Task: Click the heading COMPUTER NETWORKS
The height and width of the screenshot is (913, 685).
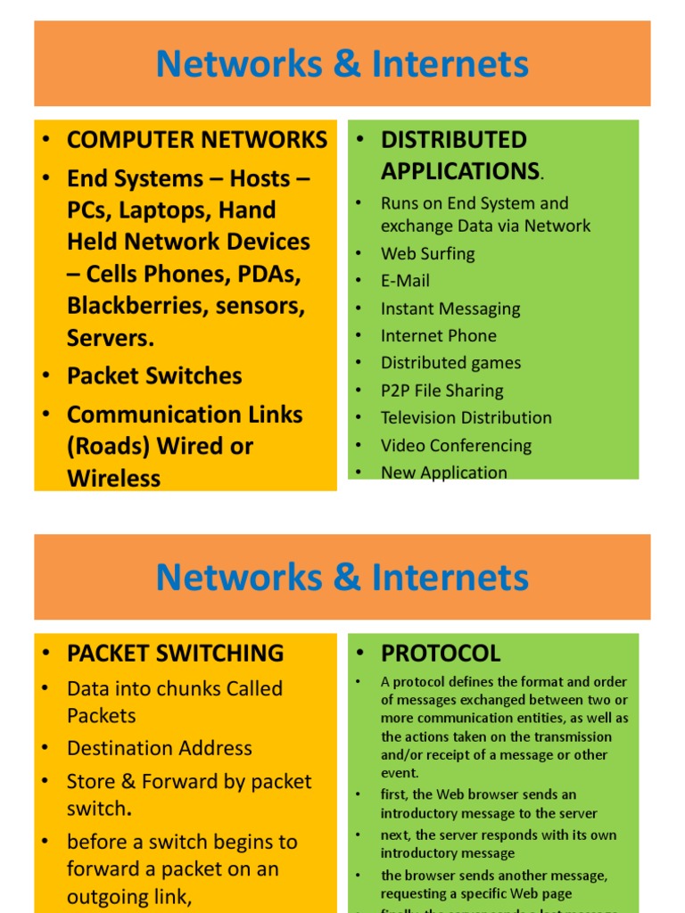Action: point(197,140)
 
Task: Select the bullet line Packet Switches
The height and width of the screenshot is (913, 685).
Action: point(154,375)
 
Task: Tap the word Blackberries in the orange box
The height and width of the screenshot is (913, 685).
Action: point(125,306)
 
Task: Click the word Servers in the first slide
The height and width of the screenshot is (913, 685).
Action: point(108,338)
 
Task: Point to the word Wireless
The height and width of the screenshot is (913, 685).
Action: point(113,478)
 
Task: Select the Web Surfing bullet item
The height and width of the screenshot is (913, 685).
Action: point(427,253)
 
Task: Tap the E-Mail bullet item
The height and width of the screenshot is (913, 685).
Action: point(405,281)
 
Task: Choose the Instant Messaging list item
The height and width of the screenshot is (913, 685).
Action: point(450,308)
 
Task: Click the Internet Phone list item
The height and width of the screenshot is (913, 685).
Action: point(438,336)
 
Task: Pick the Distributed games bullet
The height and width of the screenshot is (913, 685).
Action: point(450,363)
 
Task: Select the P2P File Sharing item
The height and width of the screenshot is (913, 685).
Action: point(442,391)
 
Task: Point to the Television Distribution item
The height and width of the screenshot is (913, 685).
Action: point(466,417)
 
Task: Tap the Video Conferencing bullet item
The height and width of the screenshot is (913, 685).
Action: point(456,445)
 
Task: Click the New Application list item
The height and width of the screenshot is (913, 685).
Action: point(443,473)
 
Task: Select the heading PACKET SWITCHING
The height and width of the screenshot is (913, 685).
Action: point(175,653)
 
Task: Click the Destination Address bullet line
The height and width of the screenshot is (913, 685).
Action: point(160,748)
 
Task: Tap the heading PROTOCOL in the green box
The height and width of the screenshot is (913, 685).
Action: point(441,653)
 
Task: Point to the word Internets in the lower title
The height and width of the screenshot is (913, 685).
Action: point(450,578)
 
